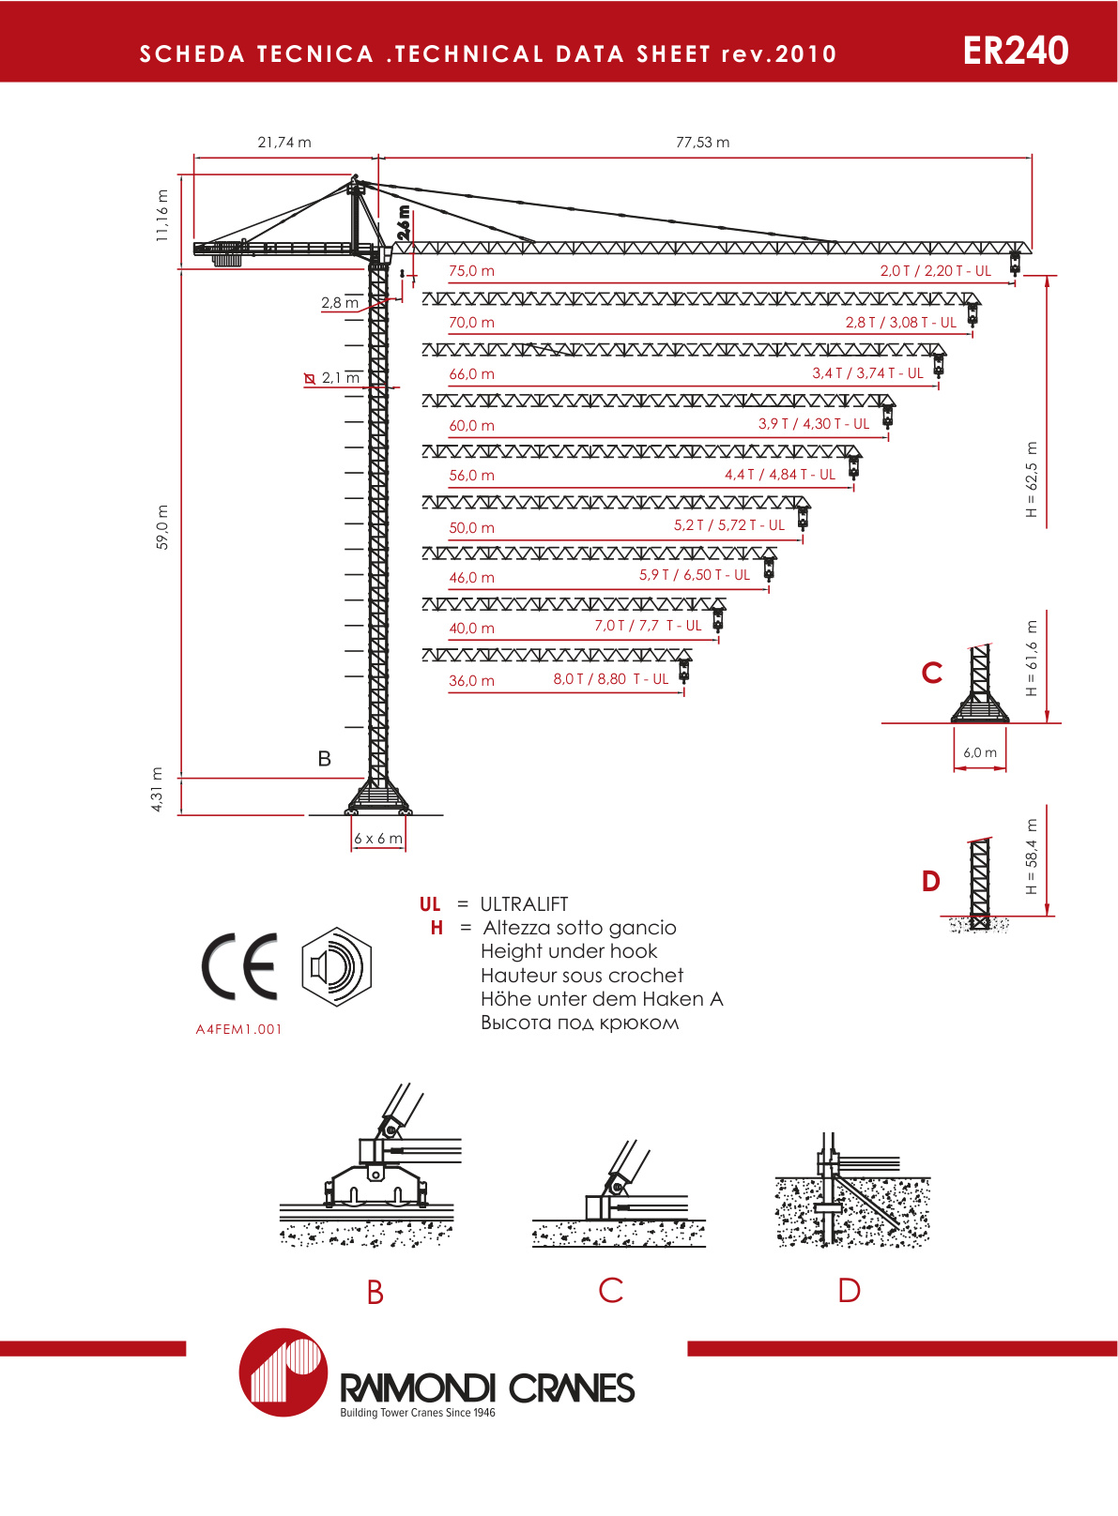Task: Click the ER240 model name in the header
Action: (1015, 51)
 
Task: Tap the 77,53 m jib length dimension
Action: (702, 143)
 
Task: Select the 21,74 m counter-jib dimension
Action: (284, 143)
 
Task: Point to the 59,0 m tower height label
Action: (162, 526)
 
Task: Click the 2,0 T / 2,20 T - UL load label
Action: (935, 271)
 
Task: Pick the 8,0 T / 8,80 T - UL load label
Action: (610, 679)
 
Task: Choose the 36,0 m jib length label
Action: (471, 681)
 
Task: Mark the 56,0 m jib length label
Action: (471, 476)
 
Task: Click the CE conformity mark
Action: (240, 966)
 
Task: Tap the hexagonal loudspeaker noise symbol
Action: (337, 966)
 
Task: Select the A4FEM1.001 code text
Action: (238, 1029)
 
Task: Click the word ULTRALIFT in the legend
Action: (524, 904)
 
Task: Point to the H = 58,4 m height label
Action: (1032, 857)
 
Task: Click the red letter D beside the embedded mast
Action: (930, 881)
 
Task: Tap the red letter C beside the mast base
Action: (931, 673)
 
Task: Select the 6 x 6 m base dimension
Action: (378, 839)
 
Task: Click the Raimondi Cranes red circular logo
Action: (283, 1372)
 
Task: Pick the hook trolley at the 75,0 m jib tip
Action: (1015, 261)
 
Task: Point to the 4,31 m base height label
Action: (157, 790)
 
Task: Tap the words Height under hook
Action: (569, 951)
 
